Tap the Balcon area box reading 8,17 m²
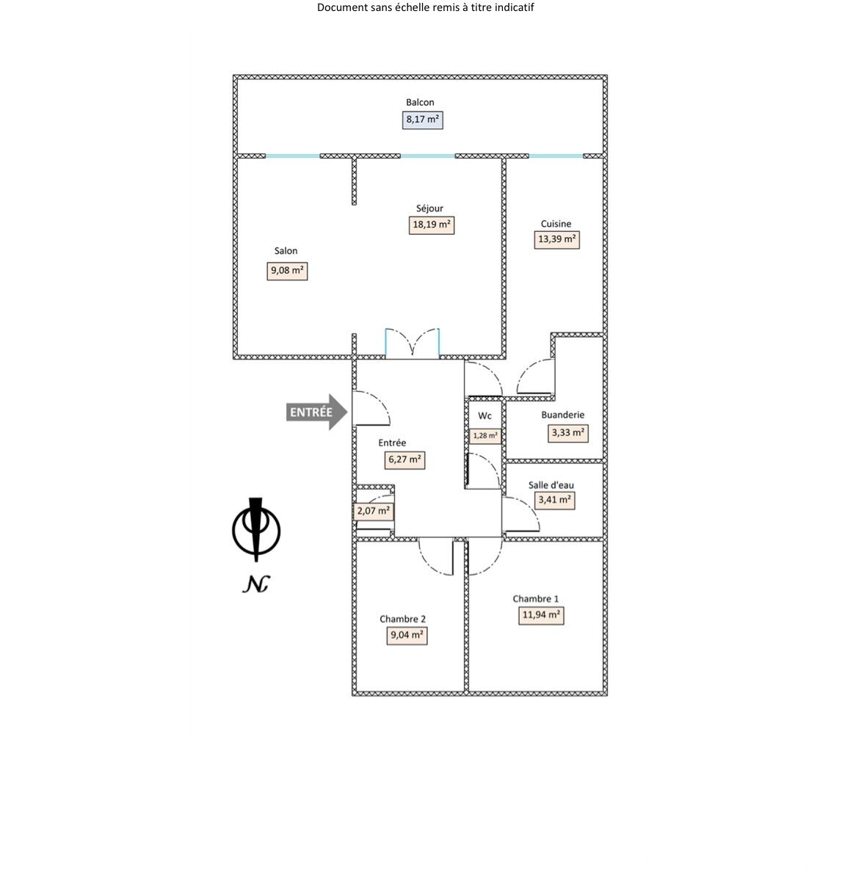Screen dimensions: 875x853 (423, 119)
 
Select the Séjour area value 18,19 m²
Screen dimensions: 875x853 (432, 225)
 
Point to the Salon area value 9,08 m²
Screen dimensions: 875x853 (287, 271)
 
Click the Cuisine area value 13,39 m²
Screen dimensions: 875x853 (558, 239)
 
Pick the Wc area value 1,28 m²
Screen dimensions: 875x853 (485, 435)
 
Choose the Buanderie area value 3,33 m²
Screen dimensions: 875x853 (568, 433)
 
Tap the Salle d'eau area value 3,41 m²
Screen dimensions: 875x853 (555, 501)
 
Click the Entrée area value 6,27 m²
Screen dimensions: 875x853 (404, 460)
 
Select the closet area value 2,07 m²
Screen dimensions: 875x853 (374, 511)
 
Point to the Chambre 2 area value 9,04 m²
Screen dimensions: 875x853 (407, 636)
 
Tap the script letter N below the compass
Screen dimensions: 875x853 (255, 584)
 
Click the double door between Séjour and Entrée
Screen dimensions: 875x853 (413, 344)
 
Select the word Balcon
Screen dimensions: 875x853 (420, 102)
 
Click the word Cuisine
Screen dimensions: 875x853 (556, 224)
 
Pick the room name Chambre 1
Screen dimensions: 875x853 (536, 599)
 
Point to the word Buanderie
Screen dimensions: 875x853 (563, 415)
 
